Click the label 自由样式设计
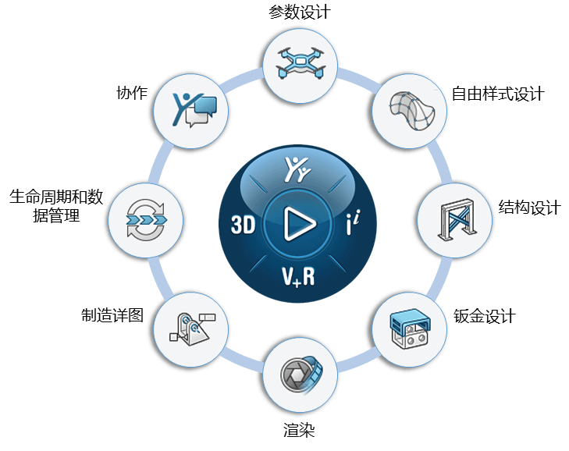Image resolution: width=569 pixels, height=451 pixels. click(x=498, y=94)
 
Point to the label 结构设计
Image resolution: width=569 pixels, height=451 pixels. click(x=529, y=208)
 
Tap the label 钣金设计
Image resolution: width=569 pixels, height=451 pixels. click(x=484, y=317)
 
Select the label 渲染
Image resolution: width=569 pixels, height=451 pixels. click(x=300, y=431)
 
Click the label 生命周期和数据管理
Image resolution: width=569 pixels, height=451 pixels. click(x=56, y=206)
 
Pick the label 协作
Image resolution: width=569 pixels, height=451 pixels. click(x=131, y=92)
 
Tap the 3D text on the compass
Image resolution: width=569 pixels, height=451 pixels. click(x=244, y=226)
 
